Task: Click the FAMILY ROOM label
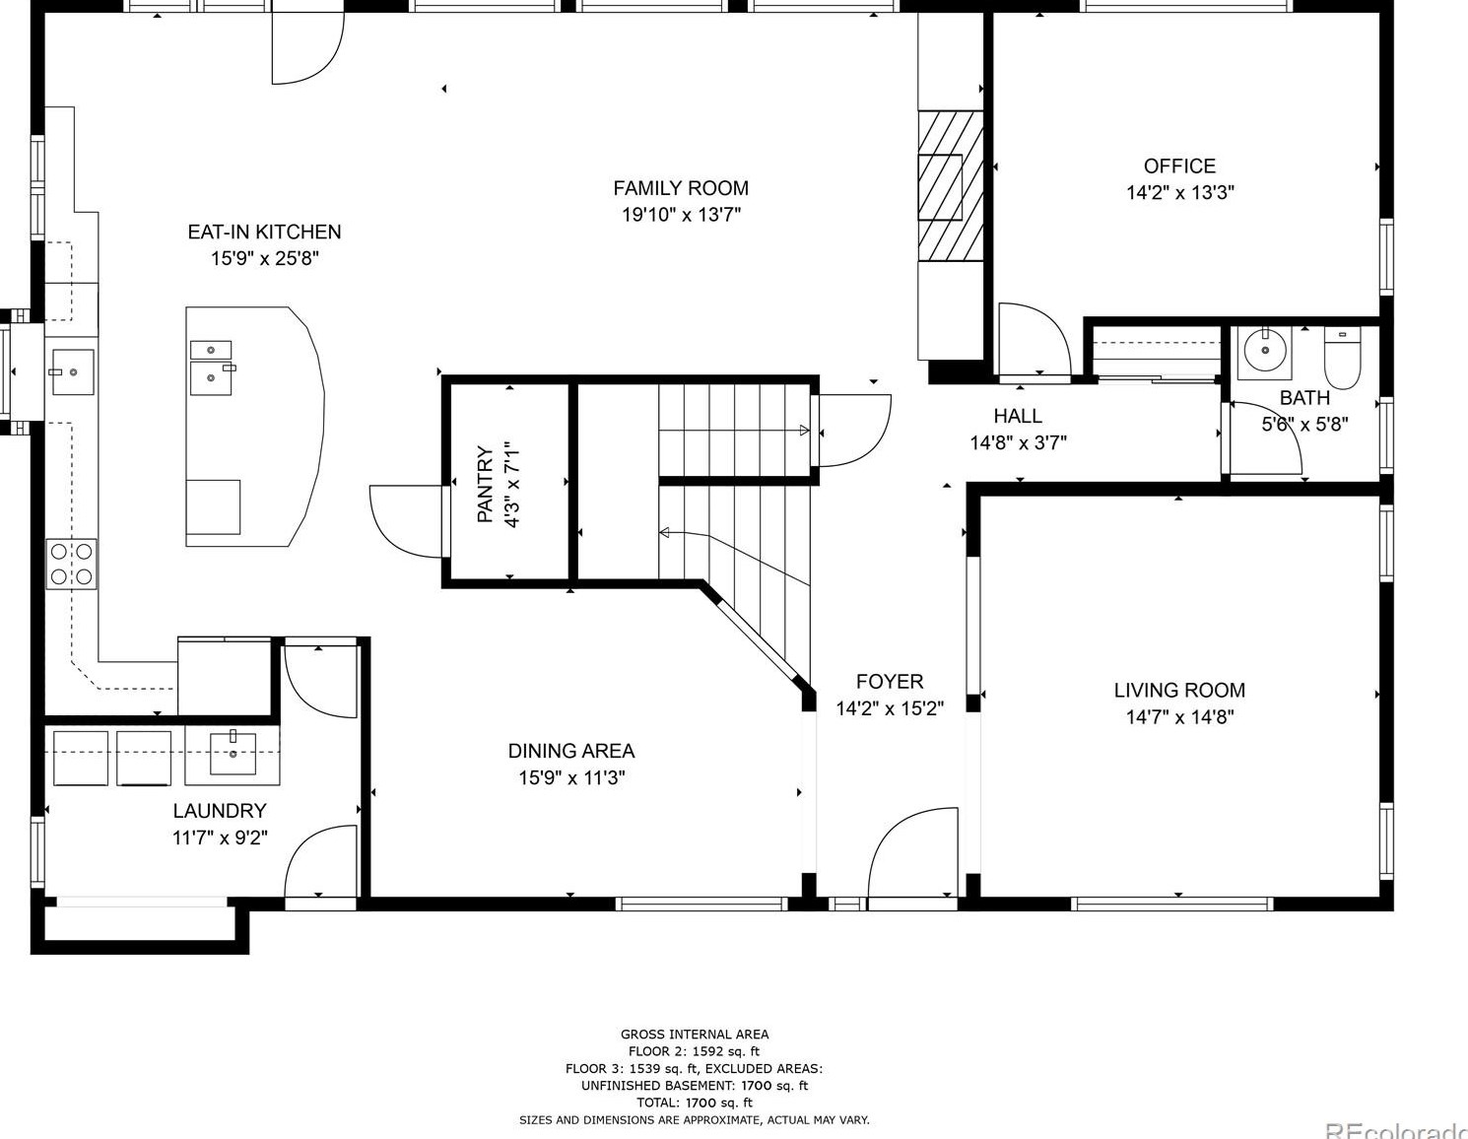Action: tap(681, 188)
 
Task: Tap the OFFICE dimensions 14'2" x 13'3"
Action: tap(1179, 192)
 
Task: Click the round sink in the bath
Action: tap(1263, 351)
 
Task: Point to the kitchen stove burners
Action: tap(71, 564)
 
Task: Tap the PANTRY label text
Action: tap(485, 484)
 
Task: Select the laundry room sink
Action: tap(234, 755)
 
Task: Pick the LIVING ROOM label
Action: tap(1179, 691)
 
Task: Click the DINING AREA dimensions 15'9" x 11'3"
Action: tap(571, 777)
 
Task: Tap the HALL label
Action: tap(1018, 416)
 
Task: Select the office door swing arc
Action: tap(1035, 339)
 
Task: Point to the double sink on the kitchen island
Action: tap(211, 367)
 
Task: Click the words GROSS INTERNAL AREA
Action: tap(695, 1034)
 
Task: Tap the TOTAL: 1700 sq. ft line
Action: tap(695, 1103)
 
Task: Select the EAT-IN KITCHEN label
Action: tap(264, 232)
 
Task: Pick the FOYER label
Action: tap(890, 682)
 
